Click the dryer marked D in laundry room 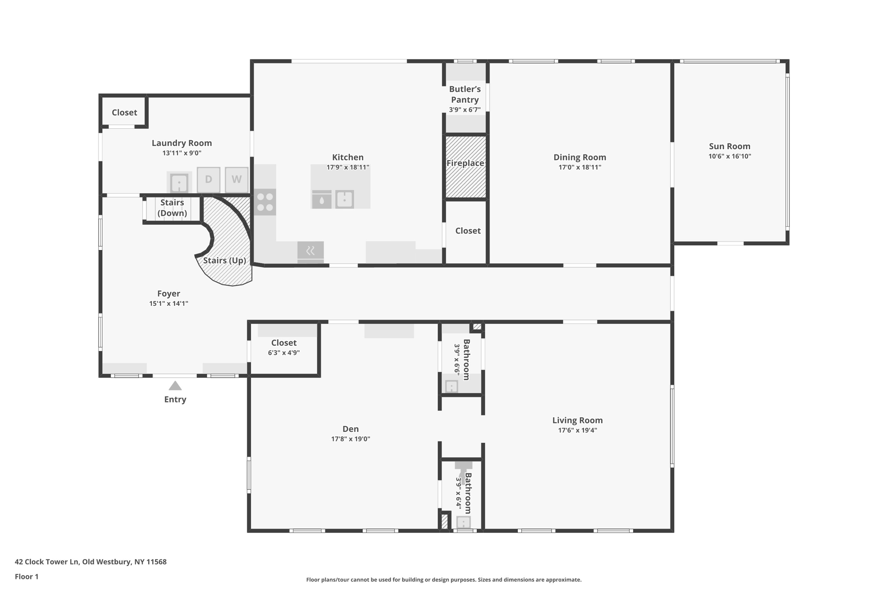pyautogui.click(x=209, y=180)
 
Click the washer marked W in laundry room pyautogui.click(x=236, y=180)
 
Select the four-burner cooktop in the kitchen pyautogui.click(x=265, y=202)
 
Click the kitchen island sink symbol pyautogui.click(x=345, y=200)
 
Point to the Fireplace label pyautogui.click(x=465, y=163)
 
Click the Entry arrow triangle pyautogui.click(x=175, y=386)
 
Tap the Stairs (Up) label pyautogui.click(x=225, y=260)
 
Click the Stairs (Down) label pyautogui.click(x=172, y=208)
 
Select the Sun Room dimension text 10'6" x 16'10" pyautogui.click(x=730, y=156)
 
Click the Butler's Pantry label pyautogui.click(x=465, y=94)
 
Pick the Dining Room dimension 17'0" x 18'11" pyautogui.click(x=580, y=167)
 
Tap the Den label pyautogui.click(x=350, y=429)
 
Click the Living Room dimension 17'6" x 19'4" pyautogui.click(x=578, y=430)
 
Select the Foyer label pyautogui.click(x=169, y=294)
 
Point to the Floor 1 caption pyautogui.click(x=27, y=576)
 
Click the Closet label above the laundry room pyautogui.click(x=124, y=112)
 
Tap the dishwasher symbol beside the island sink pyautogui.click(x=322, y=200)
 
